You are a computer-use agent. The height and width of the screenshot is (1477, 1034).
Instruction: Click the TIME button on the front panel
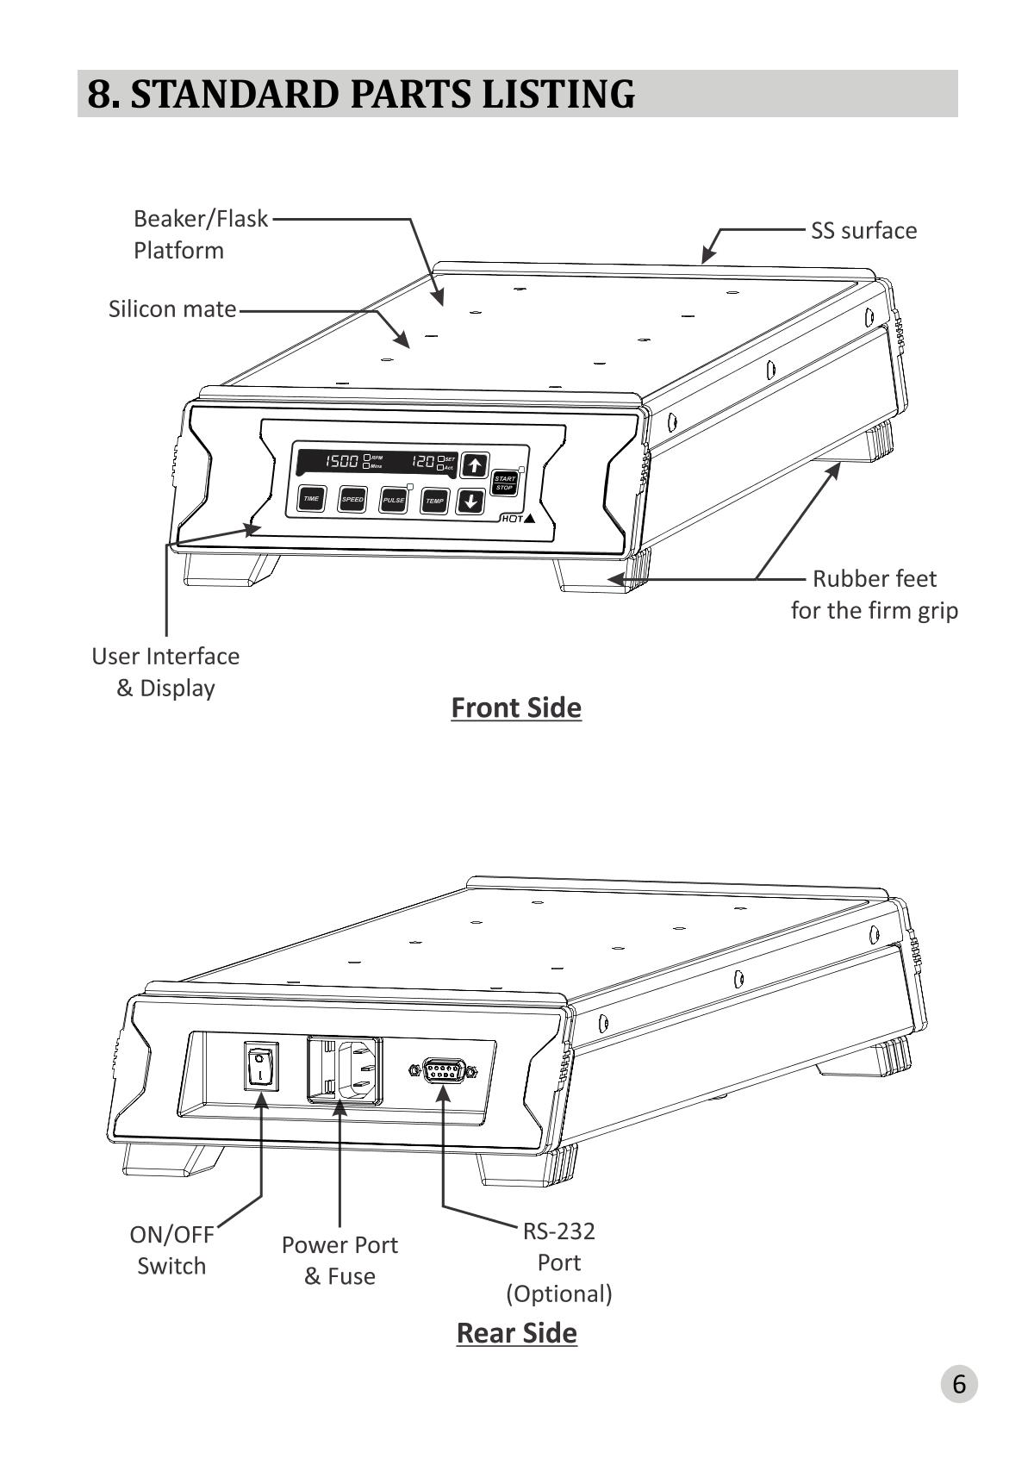[x=311, y=499]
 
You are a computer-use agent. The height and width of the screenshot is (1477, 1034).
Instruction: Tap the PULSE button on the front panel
[x=393, y=500]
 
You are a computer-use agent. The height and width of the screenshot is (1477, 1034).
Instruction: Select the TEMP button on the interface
[x=434, y=501]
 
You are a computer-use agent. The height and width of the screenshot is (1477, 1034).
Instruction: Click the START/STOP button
[x=504, y=483]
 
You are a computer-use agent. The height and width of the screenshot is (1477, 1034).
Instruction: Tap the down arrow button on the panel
[x=470, y=501]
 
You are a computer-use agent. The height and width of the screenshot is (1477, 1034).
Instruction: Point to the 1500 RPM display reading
[x=342, y=462]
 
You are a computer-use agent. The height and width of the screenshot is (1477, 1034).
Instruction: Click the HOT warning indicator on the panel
[x=518, y=519]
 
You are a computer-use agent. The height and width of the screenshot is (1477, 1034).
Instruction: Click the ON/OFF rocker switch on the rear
[x=260, y=1066]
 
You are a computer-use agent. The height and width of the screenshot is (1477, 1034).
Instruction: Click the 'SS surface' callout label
[x=863, y=231]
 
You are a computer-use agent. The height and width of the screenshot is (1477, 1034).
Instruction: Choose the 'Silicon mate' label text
[x=172, y=309]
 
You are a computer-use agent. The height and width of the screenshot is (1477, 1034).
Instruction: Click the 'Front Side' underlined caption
[x=516, y=707]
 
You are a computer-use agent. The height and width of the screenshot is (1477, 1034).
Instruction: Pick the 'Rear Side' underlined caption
[x=516, y=1333]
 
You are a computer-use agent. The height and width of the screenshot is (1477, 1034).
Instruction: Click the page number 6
[x=958, y=1385]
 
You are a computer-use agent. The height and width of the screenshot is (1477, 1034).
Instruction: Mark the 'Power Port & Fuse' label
[x=339, y=1260]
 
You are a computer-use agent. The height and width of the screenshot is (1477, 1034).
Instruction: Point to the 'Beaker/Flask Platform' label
[x=199, y=234]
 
